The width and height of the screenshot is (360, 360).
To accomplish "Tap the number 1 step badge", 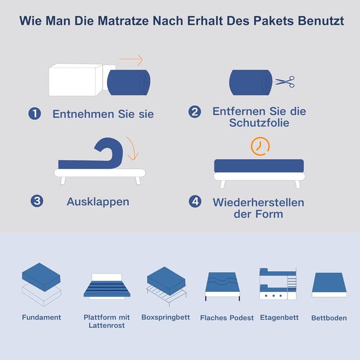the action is (x=35, y=114).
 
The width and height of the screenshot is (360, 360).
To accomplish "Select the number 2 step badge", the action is (x=195, y=112).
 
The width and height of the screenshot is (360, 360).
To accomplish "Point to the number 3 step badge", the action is (x=37, y=201).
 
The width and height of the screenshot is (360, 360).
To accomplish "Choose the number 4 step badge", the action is (x=195, y=201).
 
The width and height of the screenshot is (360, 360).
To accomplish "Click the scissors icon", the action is (x=285, y=82).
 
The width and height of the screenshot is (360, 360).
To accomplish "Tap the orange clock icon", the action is (x=260, y=146).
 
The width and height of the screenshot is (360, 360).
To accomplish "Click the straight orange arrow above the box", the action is (x=131, y=60).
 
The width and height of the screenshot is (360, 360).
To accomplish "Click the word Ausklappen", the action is (x=98, y=202).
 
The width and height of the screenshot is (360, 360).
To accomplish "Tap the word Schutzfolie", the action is (x=259, y=123).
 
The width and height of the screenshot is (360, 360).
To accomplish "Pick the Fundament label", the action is (x=42, y=317).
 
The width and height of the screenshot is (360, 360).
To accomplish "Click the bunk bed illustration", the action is (x=278, y=284).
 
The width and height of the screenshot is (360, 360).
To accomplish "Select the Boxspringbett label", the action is (x=165, y=317).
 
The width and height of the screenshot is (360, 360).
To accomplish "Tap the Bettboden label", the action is (x=329, y=318).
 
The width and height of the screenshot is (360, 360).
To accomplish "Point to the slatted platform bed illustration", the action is (x=107, y=286).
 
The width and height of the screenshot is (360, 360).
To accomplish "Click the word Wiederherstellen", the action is (x=259, y=202).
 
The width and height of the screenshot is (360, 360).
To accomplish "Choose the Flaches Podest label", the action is (x=227, y=318).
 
